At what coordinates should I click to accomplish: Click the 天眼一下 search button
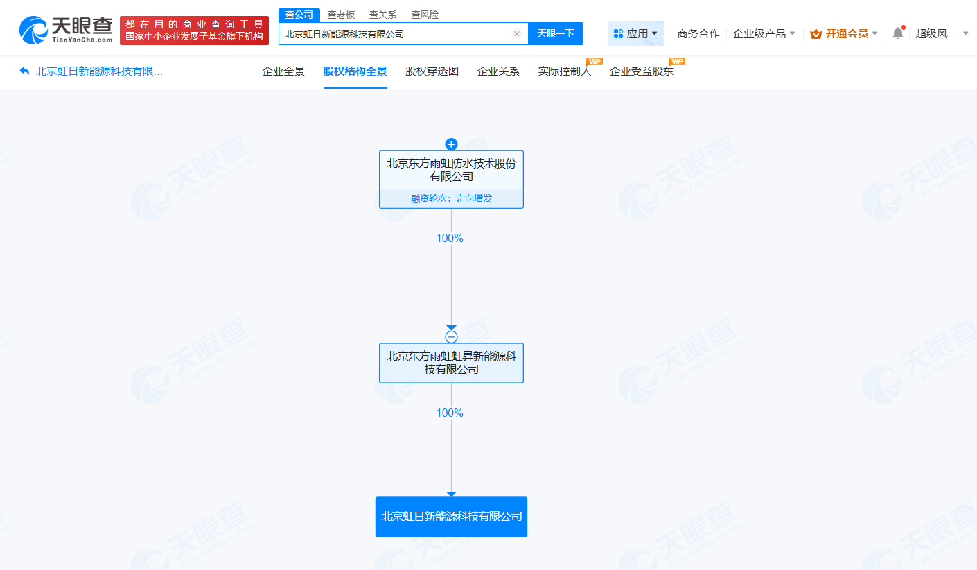click(x=555, y=33)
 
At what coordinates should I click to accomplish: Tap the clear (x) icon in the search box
click(x=517, y=33)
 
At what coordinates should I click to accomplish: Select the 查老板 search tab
click(x=341, y=15)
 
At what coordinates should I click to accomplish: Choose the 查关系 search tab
click(x=382, y=15)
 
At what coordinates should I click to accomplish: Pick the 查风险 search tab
click(x=424, y=15)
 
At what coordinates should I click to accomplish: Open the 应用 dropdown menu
click(x=635, y=33)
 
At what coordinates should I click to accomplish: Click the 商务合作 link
click(x=698, y=33)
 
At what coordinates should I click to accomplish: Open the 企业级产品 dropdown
click(x=764, y=33)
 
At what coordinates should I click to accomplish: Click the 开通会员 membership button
click(x=843, y=33)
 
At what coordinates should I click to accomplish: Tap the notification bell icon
click(x=898, y=33)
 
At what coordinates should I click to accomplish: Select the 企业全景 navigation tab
click(x=283, y=71)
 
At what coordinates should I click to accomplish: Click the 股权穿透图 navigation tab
click(x=432, y=71)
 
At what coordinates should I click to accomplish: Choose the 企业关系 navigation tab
click(x=498, y=71)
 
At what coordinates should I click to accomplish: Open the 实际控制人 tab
click(x=565, y=71)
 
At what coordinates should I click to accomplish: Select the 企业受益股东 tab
click(x=642, y=71)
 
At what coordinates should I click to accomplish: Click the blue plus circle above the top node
click(x=451, y=144)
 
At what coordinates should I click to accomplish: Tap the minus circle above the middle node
click(x=451, y=336)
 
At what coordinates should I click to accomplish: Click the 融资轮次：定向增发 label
click(x=451, y=198)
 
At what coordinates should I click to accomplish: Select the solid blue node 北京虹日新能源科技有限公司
click(x=451, y=517)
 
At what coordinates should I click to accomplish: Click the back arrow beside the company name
click(x=24, y=71)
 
